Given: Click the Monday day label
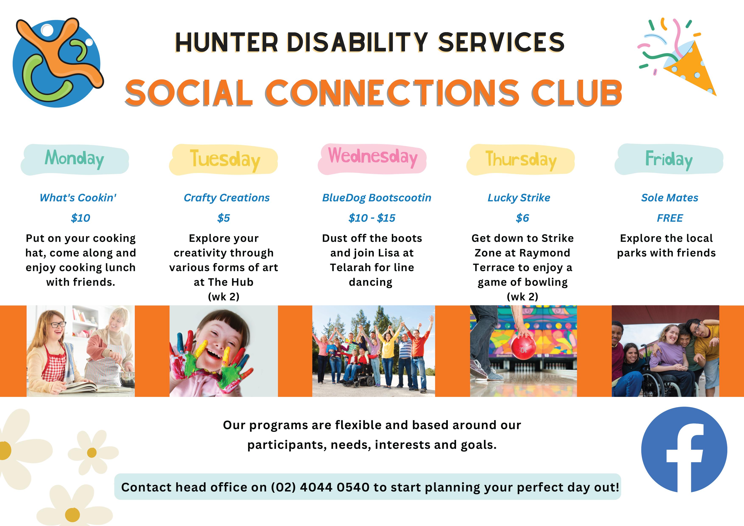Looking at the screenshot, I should point(75,159).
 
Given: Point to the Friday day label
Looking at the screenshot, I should point(669,159).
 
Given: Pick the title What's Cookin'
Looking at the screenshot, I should point(78,198).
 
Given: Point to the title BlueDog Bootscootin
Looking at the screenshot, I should point(377,198).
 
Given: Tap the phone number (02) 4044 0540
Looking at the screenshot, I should point(320,487).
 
